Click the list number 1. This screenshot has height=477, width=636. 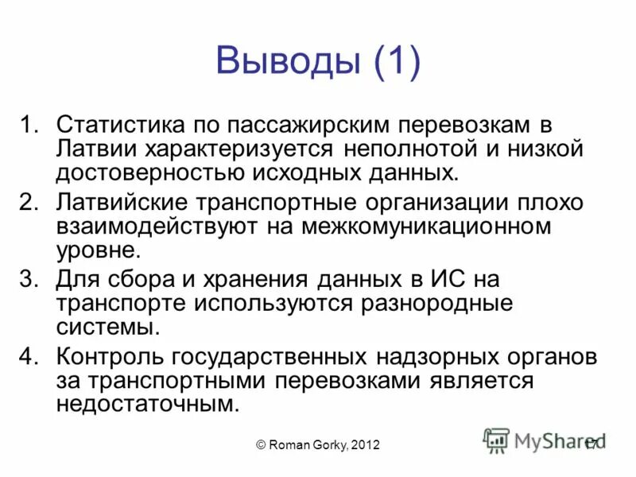[x=29, y=126]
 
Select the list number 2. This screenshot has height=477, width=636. [x=29, y=202]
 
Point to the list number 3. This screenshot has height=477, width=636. [x=29, y=279]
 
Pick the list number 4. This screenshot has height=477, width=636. [x=29, y=355]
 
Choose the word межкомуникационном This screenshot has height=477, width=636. [x=426, y=226]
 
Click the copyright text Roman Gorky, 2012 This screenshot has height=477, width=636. [x=317, y=446]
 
